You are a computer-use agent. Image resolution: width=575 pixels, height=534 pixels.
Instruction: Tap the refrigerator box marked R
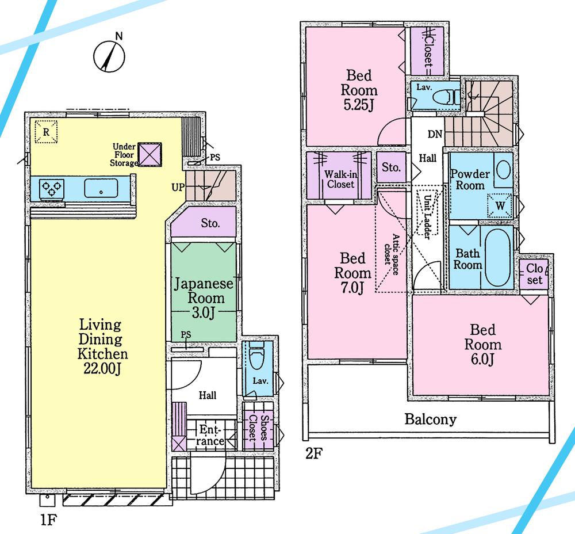(x=45, y=132)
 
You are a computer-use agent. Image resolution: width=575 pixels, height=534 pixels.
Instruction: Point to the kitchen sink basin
(x=101, y=188)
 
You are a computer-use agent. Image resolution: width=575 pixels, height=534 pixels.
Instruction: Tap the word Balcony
(x=430, y=419)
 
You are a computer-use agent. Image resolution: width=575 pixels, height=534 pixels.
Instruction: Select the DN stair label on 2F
(x=435, y=133)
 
